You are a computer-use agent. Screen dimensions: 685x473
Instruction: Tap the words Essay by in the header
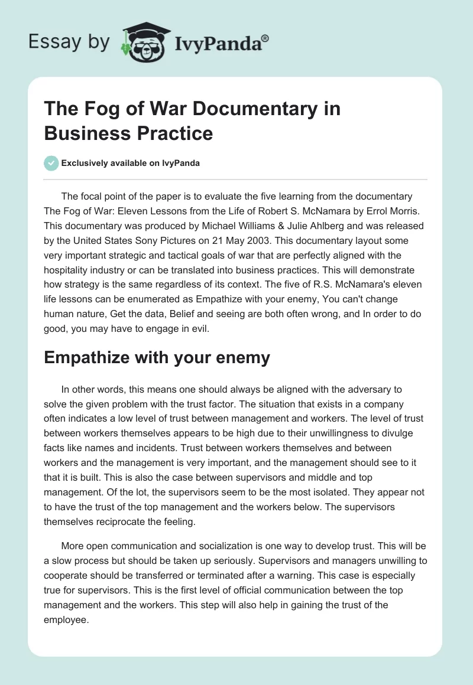[69, 43]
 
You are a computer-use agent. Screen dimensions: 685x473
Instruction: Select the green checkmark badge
[51, 163]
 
